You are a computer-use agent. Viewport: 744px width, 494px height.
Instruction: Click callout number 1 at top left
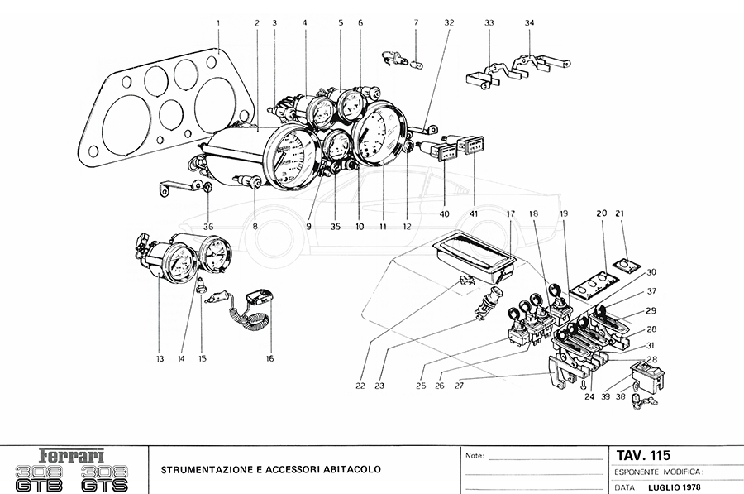(x=218, y=22)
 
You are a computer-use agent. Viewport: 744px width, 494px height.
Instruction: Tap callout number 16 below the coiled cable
(x=269, y=358)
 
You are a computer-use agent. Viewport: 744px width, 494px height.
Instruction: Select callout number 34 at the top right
(x=529, y=22)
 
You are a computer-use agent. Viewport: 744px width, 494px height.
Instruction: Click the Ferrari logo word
(x=73, y=455)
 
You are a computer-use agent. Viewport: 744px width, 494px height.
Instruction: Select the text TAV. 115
(x=643, y=455)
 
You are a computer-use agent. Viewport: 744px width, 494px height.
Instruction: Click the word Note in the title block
(x=475, y=456)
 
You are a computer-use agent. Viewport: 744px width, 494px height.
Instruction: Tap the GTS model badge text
(x=110, y=479)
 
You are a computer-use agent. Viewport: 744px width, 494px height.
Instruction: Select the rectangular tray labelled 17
(x=478, y=252)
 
